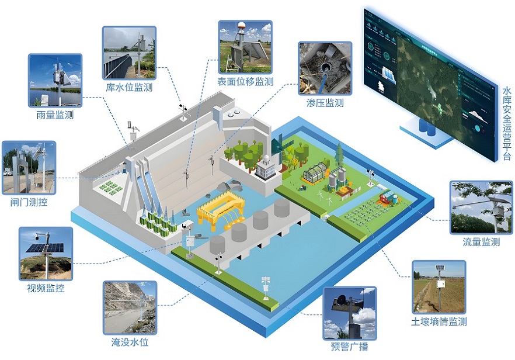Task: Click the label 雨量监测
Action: point(54,116)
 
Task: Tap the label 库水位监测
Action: point(129,88)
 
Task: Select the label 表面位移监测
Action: point(245,82)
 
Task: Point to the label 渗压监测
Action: point(325,103)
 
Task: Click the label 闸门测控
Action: point(29,203)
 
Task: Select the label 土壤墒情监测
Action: point(439,321)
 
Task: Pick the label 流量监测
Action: point(481,242)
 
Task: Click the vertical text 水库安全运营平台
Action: point(506,123)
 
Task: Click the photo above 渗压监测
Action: point(325,68)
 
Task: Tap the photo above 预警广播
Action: point(349,313)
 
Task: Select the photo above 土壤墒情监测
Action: point(439,286)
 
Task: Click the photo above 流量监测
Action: point(481,207)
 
